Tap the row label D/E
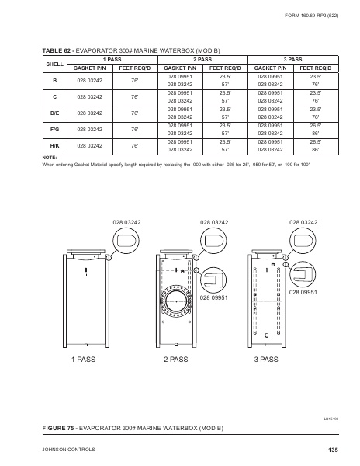(x=55, y=113)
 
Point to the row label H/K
(x=55, y=146)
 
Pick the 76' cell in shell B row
(x=135, y=81)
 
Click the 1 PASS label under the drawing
(x=83, y=360)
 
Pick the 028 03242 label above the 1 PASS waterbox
(x=126, y=223)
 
